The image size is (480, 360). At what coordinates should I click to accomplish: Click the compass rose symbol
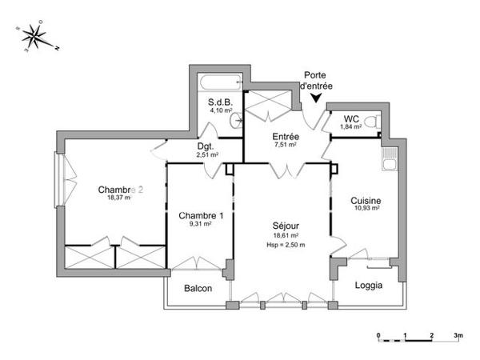click(35, 35)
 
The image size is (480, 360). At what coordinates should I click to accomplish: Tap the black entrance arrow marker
click(318, 98)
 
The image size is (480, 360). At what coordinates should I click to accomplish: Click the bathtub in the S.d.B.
click(218, 82)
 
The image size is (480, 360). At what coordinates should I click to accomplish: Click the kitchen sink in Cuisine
click(389, 164)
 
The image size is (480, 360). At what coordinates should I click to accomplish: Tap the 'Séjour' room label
click(285, 226)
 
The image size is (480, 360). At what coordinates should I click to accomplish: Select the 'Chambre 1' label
click(201, 215)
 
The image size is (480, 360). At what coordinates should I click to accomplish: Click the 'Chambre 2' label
click(120, 190)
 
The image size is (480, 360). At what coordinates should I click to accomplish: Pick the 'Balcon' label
click(198, 288)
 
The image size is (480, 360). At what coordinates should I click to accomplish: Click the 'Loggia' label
click(368, 285)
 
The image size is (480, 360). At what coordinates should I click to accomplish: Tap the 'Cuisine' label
click(366, 200)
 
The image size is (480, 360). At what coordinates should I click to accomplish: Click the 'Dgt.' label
click(206, 146)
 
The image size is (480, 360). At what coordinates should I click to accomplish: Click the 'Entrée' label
click(286, 137)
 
